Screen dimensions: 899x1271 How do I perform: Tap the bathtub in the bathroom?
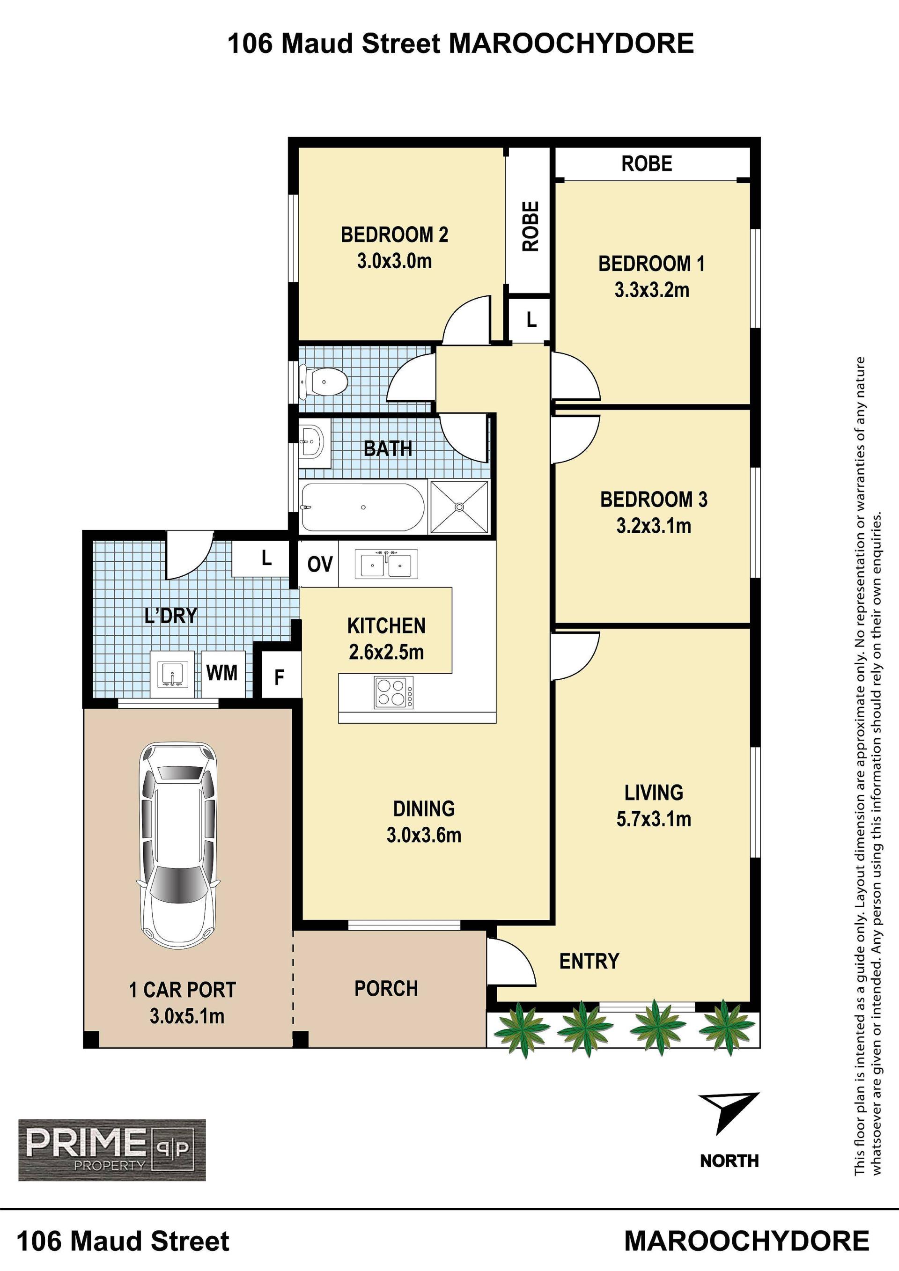coord(362,507)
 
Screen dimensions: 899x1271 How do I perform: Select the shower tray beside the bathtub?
coord(459,507)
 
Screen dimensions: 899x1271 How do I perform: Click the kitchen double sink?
coord(386,564)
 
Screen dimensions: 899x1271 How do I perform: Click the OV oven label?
coord(320,565)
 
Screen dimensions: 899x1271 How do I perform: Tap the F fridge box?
coord(280,676)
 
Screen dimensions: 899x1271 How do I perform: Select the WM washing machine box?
coord(222,673)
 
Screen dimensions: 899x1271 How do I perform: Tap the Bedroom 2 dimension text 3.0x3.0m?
coord(394,261)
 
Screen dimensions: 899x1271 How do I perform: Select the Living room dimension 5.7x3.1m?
coord(654,819)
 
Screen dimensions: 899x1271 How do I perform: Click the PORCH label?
coord(386,988)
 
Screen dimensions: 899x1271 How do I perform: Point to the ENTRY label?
coord(589,961)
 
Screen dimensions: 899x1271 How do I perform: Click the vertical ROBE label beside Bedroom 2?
coord(531,227)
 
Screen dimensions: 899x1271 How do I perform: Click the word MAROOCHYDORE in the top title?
coord(571,44)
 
